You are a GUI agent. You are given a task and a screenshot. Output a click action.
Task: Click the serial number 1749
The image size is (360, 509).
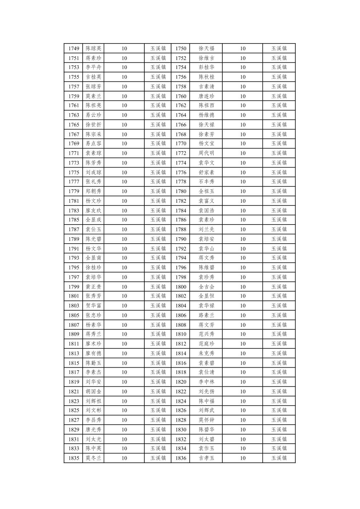click(74, 49)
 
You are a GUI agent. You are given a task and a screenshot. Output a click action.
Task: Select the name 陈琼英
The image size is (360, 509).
click(93, 49)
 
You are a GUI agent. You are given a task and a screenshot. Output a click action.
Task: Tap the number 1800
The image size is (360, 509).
click(181, 287)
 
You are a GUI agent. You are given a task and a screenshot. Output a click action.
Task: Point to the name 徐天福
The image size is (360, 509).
click(206, 49)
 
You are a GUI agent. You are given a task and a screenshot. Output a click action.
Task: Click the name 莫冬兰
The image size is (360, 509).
click(93, 458)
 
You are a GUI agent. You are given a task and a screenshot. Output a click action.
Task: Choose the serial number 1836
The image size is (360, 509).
click(181, 458)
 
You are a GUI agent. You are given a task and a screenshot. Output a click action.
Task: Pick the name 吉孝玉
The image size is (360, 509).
click(206, 458)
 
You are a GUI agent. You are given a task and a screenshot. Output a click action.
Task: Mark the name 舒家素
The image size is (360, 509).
click(206, 173)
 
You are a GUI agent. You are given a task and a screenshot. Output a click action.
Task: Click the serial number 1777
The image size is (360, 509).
click(74, 182)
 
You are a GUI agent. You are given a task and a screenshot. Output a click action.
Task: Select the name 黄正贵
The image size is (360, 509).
click(93, 287)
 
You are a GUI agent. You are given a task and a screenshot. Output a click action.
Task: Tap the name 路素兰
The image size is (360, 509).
click(206, 315)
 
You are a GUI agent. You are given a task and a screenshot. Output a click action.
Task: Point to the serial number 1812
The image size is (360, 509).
click(181, 344)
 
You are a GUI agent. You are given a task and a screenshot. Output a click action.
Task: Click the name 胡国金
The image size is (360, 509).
click(93, 391)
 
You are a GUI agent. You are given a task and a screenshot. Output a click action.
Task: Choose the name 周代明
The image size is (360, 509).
click(206, 153)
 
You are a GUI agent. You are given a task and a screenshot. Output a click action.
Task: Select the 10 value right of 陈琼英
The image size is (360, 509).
click(124, 49)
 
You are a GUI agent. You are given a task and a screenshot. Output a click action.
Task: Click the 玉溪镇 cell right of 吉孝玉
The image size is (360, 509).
click(279, 458)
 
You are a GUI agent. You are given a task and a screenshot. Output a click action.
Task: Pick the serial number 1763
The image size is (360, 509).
click(74, 115)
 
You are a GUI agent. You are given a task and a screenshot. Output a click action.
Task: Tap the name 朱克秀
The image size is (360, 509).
click(206, 353)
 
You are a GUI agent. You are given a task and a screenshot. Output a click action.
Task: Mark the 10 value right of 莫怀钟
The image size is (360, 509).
click(243, 420)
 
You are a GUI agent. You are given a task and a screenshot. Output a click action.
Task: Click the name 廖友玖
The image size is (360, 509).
click(93, 210)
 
